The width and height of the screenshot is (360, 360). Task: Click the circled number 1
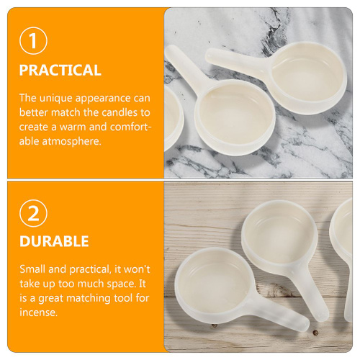tap(33, 40)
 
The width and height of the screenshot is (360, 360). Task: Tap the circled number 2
tap(33, 213)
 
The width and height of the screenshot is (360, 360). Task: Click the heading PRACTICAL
tap(60, 70)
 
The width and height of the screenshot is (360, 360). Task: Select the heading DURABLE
tap(54, 241)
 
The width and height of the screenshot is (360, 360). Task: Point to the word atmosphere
tap(71, 141)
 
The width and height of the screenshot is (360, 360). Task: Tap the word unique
tap(56, 99)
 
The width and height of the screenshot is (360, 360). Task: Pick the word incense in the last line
tap(38, 312)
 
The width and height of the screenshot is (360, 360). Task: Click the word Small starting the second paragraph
tap(32, 269)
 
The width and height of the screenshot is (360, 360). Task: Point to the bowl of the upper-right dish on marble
tap(308, 78)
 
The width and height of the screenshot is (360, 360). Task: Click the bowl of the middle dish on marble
tap(235, 117)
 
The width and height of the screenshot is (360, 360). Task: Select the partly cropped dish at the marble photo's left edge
tap(174, 117)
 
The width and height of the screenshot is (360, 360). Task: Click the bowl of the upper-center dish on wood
tap(279, 237)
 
